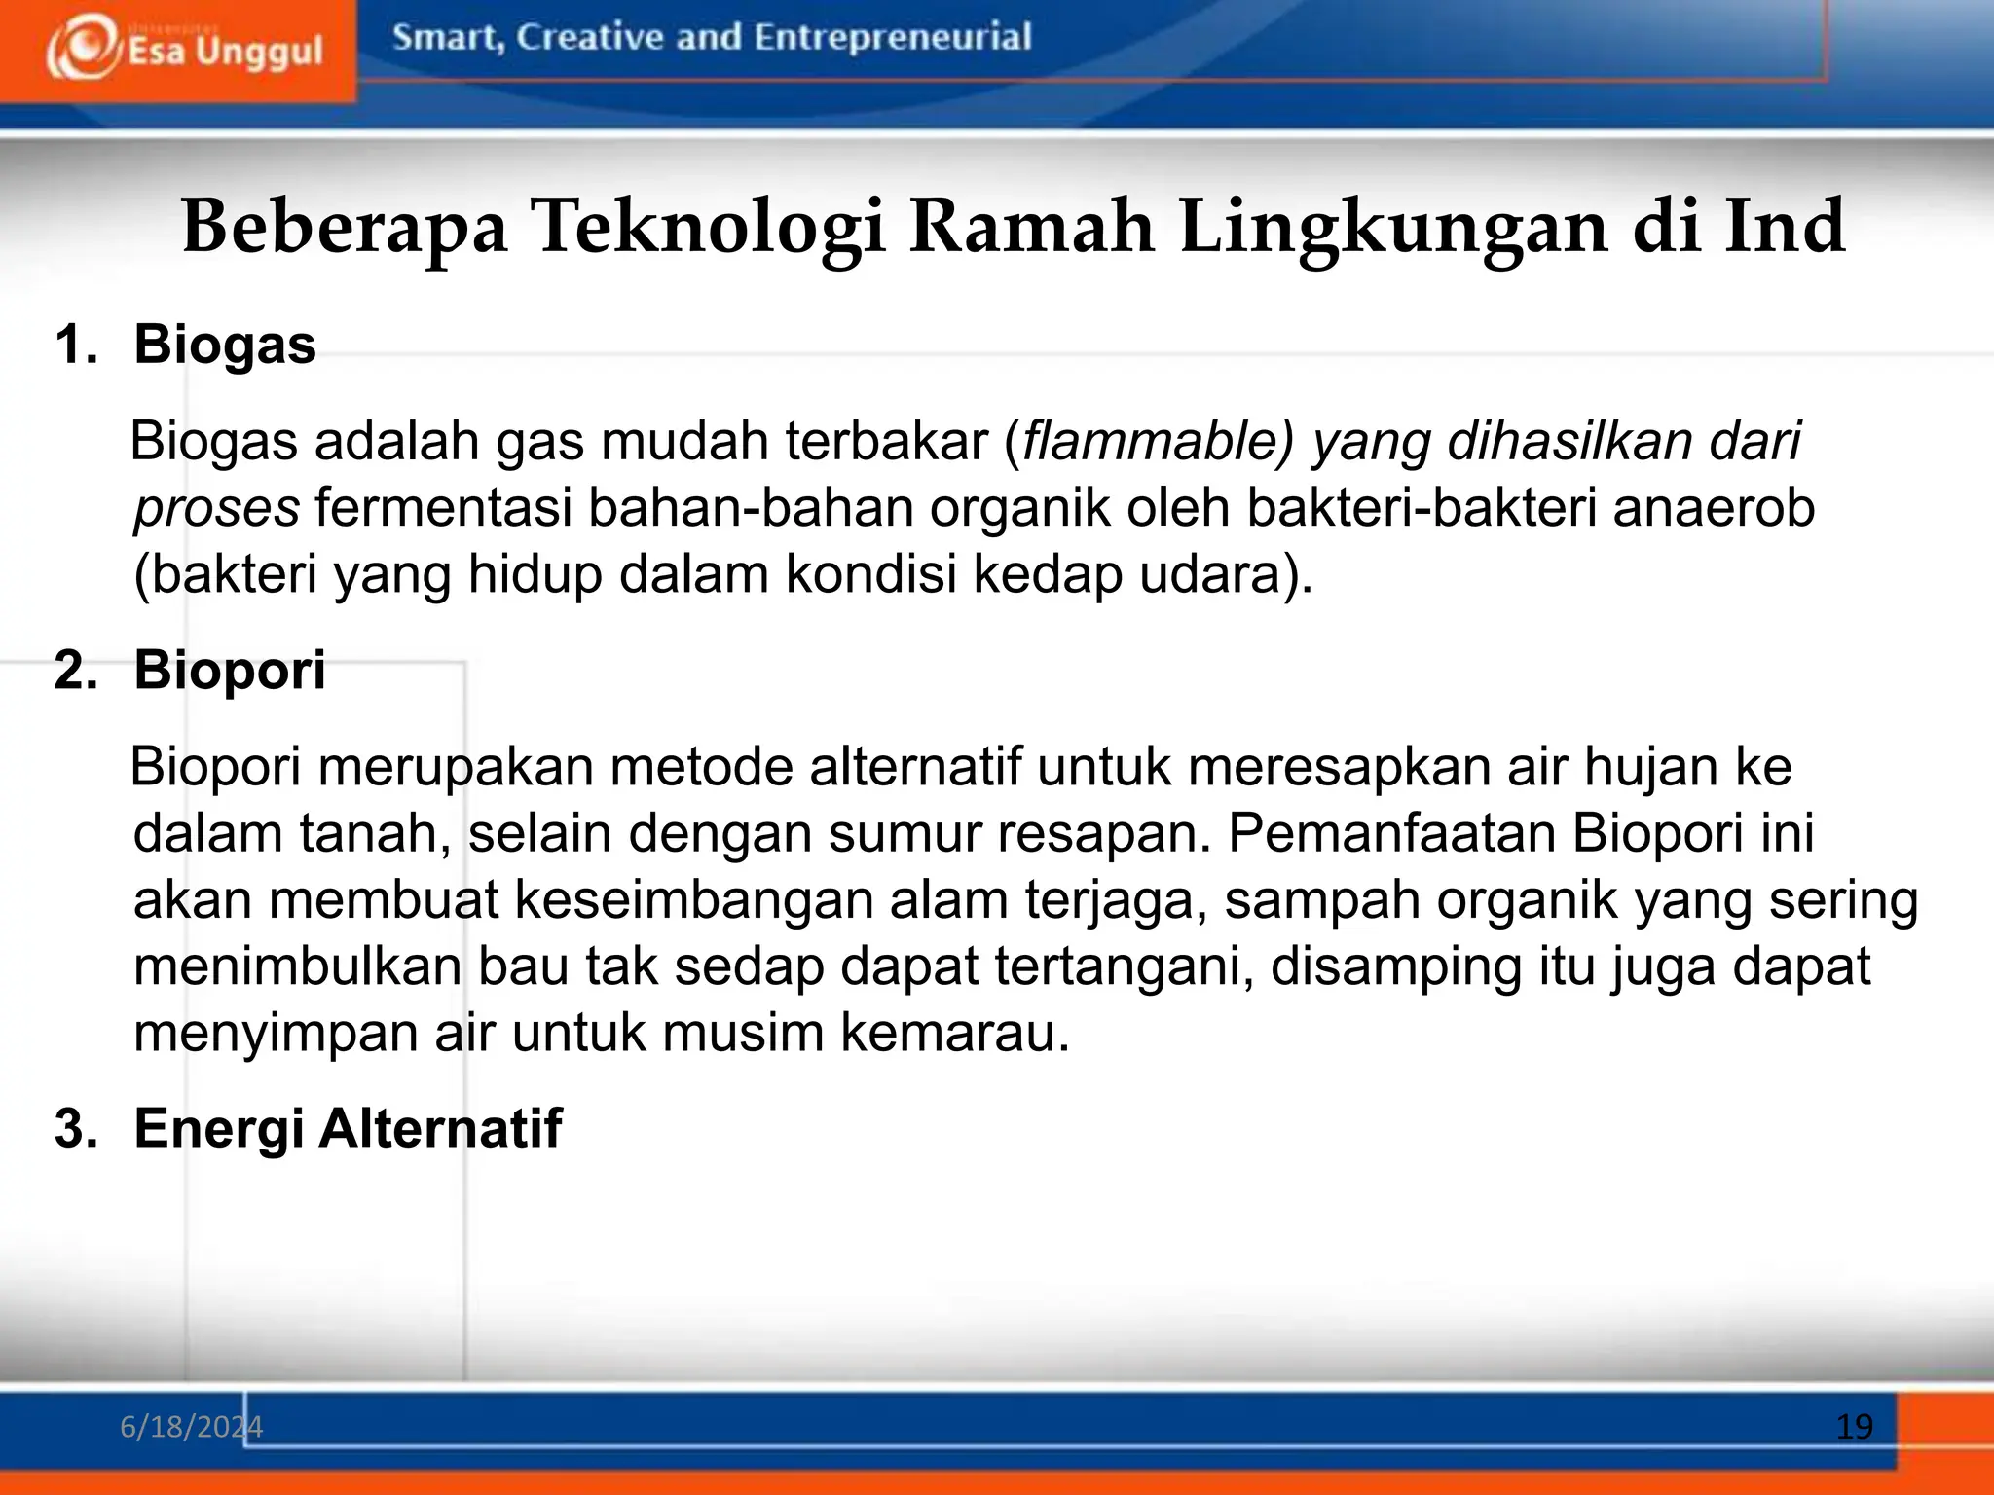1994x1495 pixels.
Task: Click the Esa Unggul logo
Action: point(184,50)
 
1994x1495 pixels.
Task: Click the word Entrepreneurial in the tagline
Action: point(892,37)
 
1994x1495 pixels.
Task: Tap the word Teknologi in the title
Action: point(708,227)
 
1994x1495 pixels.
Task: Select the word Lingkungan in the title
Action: point(1393,227)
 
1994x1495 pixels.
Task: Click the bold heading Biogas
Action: point(225,345)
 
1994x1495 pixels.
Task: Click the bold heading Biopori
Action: point(230,670)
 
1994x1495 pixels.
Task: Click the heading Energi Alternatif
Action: point(348,1128)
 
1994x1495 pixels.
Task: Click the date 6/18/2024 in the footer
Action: point(191,1427)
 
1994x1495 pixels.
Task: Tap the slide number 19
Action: point(1854,1427)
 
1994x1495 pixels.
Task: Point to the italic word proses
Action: point(216,508)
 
